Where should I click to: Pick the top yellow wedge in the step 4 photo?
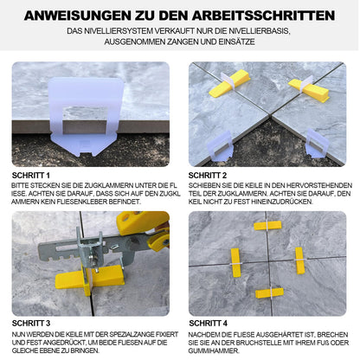[267, 226]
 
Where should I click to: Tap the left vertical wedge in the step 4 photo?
[235, 260]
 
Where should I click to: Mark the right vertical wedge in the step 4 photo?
[299, 260]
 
